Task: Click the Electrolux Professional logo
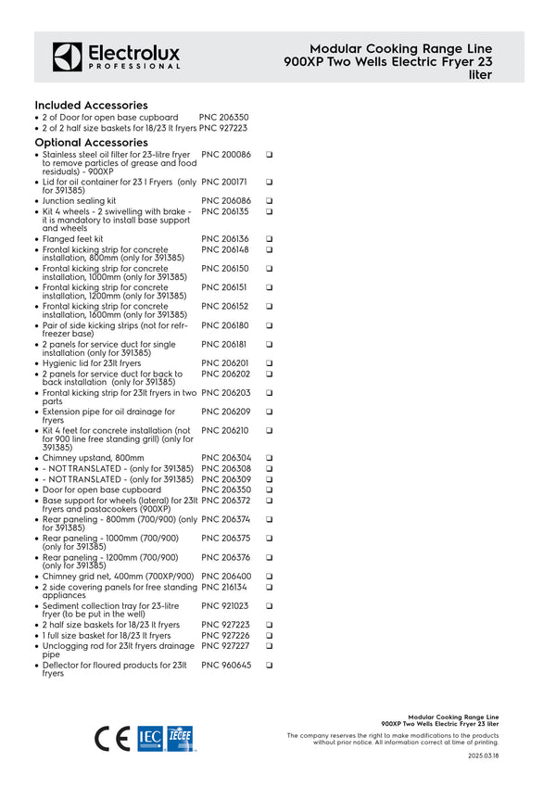click(x=116, y=57)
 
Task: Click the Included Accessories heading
click(x=91, y=106)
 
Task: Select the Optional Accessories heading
click(x=91, y=143)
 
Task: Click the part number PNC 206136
click(x=225, y=239)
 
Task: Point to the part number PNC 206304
click(x=225, y=458)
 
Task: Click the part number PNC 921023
click(x=225, y=605)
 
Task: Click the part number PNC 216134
click(x=225, y=587)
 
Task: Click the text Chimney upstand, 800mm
click(x=93, y=458)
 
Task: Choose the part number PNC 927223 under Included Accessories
click(x=222, y=129)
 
